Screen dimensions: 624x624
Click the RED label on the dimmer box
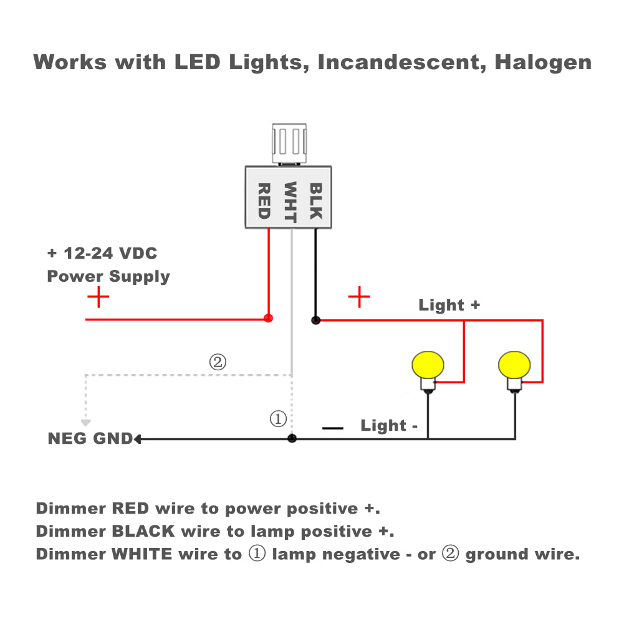[263, 201]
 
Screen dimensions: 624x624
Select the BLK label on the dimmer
[316, 201]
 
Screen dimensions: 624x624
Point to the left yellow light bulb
[428, 365]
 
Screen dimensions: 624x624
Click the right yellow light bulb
[515, 365]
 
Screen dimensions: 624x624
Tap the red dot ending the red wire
[269, 319]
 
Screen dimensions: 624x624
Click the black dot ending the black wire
[315, 320]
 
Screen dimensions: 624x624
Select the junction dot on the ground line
[292, 439]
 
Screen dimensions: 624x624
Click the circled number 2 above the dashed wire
[218, 362]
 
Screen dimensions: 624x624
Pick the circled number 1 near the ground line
[278, 419]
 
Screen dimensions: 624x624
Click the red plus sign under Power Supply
[98, 297]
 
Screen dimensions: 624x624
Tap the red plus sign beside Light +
[359, 297]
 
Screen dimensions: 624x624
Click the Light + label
[449, 305]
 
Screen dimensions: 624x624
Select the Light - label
[389, 426]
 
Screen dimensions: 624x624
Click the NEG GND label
[90, 439]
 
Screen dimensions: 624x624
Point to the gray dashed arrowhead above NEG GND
[86, 422]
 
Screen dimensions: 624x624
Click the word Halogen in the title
[542, 62]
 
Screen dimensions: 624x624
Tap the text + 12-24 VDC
[102, 254]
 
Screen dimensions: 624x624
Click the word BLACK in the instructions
[143, 532]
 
